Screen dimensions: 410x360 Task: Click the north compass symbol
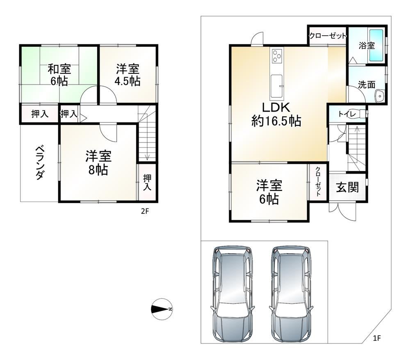162,309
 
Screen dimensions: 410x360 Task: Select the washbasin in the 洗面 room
379,96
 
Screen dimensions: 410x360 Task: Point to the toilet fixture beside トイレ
363,114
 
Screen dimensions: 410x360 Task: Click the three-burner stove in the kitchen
277,56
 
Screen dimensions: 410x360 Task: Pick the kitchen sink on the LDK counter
277,86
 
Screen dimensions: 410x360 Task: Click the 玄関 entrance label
347,187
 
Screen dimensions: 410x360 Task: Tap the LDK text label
276,108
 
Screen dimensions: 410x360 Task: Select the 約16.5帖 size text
276,121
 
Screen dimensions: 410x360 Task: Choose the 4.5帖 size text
128,81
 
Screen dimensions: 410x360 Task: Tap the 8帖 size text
98,170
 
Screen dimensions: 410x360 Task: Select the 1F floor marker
377,338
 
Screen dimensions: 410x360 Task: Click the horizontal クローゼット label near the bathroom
328,36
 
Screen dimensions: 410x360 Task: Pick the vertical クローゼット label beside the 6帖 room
318,181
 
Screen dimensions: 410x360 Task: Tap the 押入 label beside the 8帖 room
147,183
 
